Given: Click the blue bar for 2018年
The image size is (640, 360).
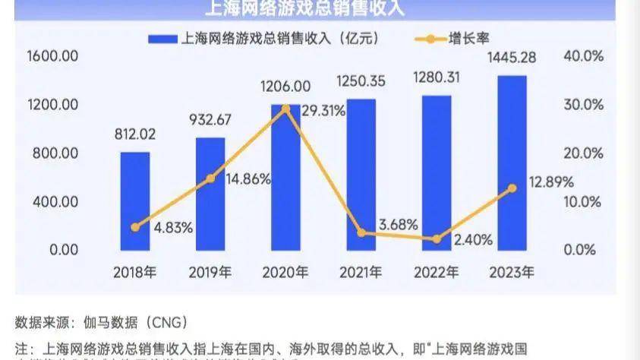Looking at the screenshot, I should pyautogui.click(x=135, y=201).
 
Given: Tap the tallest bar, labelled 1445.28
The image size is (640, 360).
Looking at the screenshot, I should pyautogui.click(x=512, y=163).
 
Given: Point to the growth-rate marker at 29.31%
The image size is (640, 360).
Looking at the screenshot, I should pyautogui.click(x=285, y=109).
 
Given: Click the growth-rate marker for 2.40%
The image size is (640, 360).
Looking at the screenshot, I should pyautogui.click(x=437, y=239).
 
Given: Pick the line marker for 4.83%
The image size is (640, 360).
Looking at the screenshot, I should pyautogui.click(x=135, y=227).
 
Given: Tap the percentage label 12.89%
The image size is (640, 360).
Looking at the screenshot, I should pyautogui.click(x=551, y=182).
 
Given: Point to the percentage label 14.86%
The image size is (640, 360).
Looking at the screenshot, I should pyautogui.click(x=247, y=179).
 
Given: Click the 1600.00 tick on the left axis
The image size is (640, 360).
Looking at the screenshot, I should pyautogui.click(x=52, y=56).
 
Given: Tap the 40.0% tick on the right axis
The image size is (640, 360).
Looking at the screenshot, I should pyautogui.click(x=584, y=56).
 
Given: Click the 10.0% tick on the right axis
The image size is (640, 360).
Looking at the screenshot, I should pyautogui.click(x=584, y=201).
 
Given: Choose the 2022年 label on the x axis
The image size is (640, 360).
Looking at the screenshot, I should pyautogui.click(x=436, y=271).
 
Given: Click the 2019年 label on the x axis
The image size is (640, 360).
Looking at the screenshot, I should pyautogui.click(x=210, y=271).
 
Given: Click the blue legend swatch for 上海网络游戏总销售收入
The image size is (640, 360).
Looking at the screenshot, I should pyautogui.click(x=161, y=36).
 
